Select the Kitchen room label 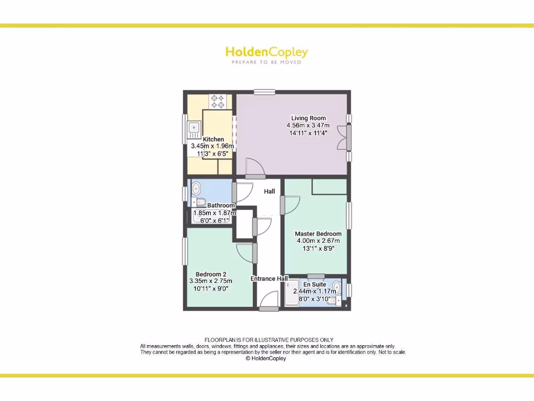[x=213, y=139]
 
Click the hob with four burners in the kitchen [x=218, y=101]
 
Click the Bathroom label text [x=221, y=205]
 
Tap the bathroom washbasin [x=196, y=187]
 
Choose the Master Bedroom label [x=318, y=233]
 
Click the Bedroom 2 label [x=211, y=274]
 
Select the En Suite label [x=315, y=284]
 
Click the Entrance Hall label [x=270, y=279]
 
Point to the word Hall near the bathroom [x=269, y=192]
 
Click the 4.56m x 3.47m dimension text [x=308, y=125]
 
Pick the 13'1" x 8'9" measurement [x=318, y=249]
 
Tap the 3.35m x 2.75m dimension [x=211, y=281]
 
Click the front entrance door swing [x=270, y=301]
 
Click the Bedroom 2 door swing [x=246, y=253]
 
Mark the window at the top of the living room [x=264, y=92]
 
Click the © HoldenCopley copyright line [x=265, y=359]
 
